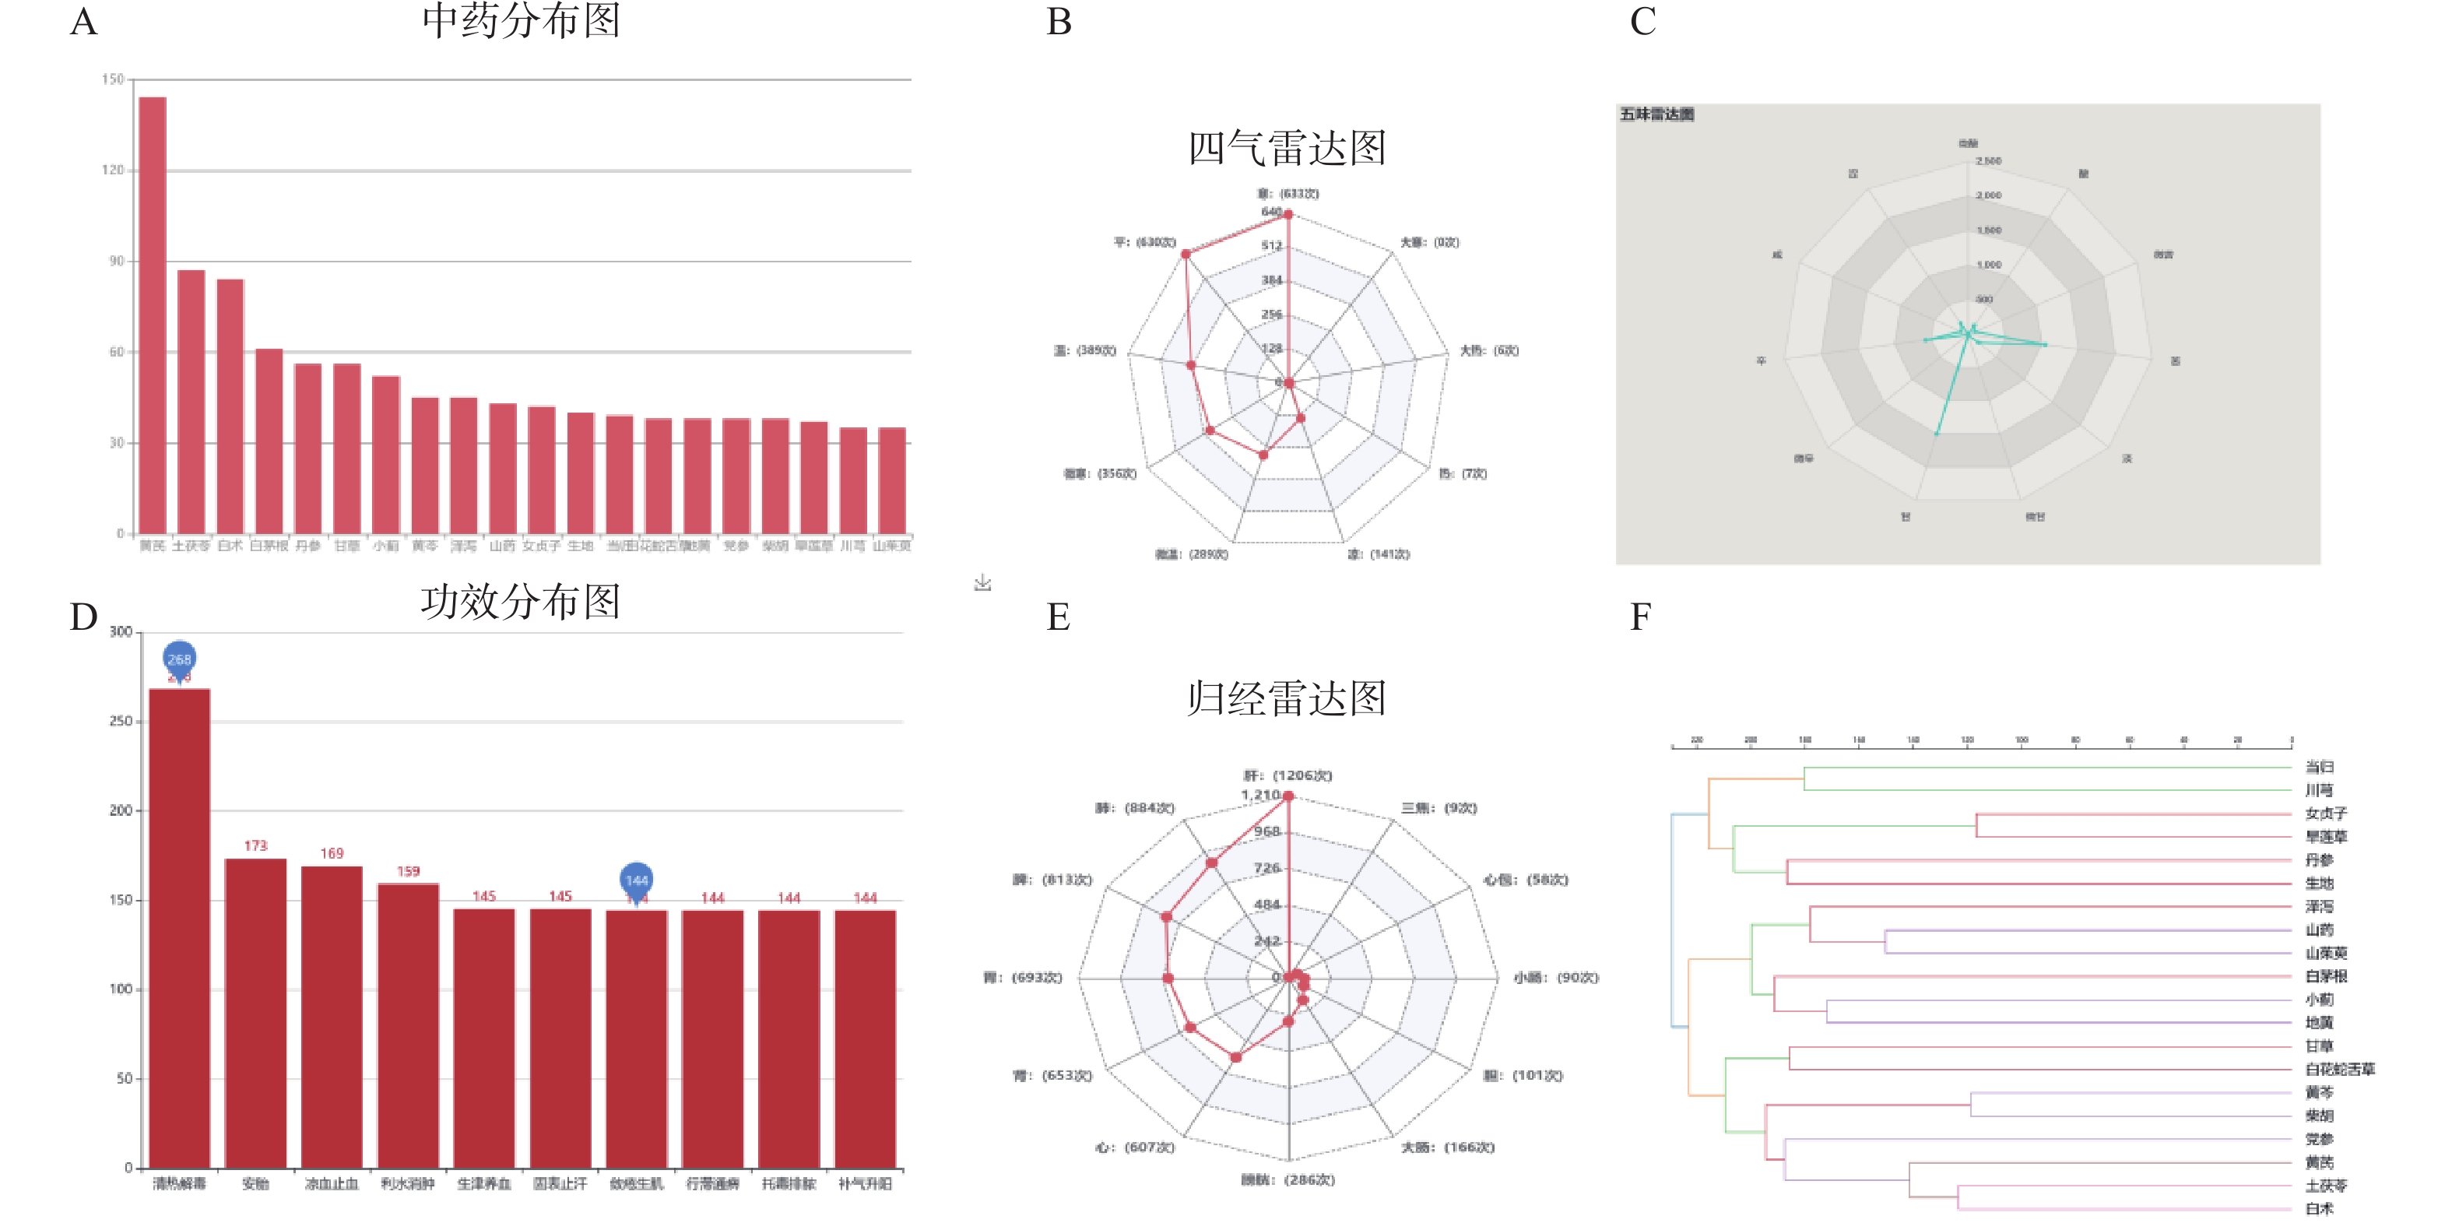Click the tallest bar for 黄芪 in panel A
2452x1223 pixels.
tap(153, 314)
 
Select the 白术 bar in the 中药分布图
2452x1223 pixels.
tap(230, 406)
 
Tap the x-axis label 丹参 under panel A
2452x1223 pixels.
tap(307, 546)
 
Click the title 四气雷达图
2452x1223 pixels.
tap(1286, 149)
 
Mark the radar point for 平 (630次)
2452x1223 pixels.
tap(1185, 254)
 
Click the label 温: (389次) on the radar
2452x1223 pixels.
tap(1084, 351)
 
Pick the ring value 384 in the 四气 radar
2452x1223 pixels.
tap(1272, 279)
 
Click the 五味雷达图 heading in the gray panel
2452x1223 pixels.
tap(1657, 115)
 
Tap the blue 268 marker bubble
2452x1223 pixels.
tap(179, 659)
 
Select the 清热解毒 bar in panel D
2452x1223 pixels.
tap(179, 928)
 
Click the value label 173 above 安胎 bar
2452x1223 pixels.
tap(255, 846)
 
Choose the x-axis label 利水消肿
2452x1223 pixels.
tap(407, 1184)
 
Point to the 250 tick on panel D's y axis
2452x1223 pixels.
tap(121, 722)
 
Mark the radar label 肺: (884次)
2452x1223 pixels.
tap(1135, 808)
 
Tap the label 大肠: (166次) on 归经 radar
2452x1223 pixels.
tap(1447, 1147)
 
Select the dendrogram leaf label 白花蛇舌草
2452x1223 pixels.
tap(2340, 1070)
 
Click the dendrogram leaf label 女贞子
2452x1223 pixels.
tap(2325, 814)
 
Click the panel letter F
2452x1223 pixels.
tap(1640, 617)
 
